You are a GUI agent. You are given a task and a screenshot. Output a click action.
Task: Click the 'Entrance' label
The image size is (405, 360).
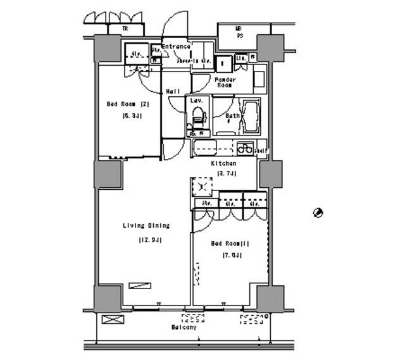175,47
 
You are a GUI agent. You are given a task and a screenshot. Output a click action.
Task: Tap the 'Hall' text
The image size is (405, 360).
173,92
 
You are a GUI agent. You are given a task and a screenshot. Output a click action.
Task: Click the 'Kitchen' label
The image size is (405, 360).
223,163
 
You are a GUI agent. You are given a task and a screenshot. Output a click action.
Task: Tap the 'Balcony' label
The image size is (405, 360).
184,327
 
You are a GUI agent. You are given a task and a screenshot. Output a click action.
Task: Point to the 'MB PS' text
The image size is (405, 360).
239,32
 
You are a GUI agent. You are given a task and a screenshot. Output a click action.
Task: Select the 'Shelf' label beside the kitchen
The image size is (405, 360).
261,151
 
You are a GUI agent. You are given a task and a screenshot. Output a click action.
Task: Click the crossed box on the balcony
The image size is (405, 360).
111,320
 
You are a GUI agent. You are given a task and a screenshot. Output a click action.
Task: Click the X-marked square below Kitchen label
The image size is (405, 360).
203,188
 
